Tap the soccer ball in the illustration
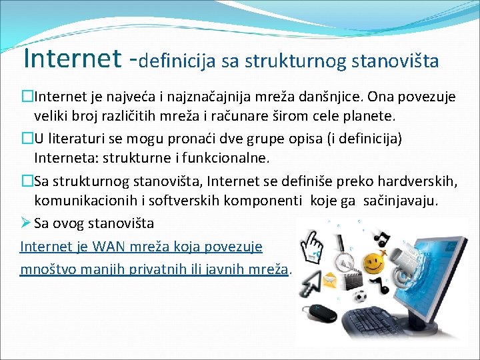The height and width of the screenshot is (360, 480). [x=360, y=296]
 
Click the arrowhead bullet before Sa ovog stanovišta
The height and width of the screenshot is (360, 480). [x=25, y=223]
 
